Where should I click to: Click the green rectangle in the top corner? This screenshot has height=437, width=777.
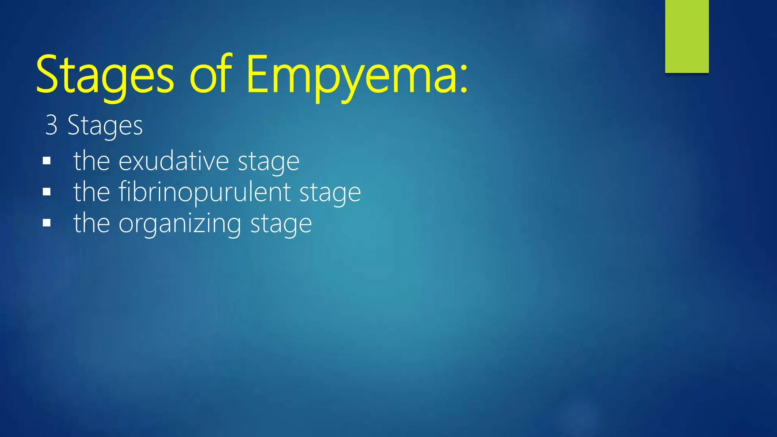(687, 36)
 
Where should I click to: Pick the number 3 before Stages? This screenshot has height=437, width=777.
(51, 125)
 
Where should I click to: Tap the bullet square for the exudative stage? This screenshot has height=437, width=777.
(47, 161)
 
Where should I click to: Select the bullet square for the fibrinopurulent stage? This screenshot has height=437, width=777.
(47, 192)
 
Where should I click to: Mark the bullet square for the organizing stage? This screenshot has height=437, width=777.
(47, 223)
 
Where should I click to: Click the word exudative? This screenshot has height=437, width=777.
(174, 161)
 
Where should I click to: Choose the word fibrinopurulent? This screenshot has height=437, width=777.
(204, 192)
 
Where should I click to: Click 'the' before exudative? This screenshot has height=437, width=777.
(91, 161)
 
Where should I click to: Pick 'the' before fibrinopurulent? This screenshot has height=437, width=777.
(91, 192)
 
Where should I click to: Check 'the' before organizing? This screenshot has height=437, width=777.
(91, 223)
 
